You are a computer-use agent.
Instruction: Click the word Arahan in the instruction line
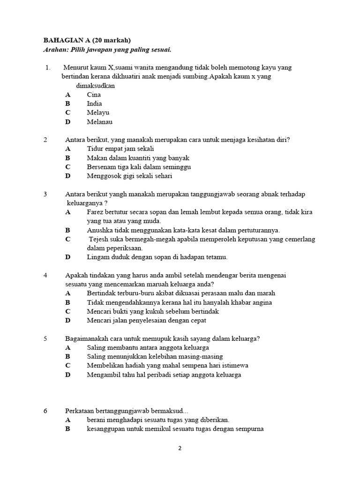[55, 50]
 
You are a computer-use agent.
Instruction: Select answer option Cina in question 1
[94, 95]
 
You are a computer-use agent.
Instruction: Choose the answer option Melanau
[99, 122]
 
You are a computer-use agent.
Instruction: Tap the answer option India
[94, 104]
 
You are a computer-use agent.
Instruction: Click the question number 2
[45, 140]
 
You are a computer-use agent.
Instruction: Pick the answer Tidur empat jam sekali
[120, 149]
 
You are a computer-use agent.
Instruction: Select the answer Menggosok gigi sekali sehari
[129, 176]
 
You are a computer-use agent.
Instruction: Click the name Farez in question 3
[95, 212]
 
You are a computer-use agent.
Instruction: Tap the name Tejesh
[99, 239]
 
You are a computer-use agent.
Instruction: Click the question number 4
[45, 275]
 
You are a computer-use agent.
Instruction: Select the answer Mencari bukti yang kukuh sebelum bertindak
[153, 311]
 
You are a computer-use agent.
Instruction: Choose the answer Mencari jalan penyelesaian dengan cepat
[146, 321]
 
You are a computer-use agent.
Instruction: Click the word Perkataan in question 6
[80, 411]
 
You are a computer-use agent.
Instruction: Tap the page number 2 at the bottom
[180, 448]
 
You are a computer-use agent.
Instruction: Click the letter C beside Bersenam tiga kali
[68, 167]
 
